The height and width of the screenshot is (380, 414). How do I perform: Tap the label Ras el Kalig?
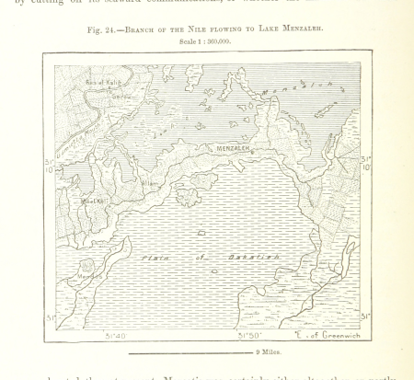pos(97,84)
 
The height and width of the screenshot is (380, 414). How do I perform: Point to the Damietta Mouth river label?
pos(71,138)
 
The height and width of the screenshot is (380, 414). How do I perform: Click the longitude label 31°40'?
pos(115,336)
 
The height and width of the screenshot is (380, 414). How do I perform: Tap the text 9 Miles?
pos(269,352)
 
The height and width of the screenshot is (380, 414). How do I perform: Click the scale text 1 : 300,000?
pos(205,41)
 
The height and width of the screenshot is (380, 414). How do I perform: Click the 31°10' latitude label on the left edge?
pos(49,164)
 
